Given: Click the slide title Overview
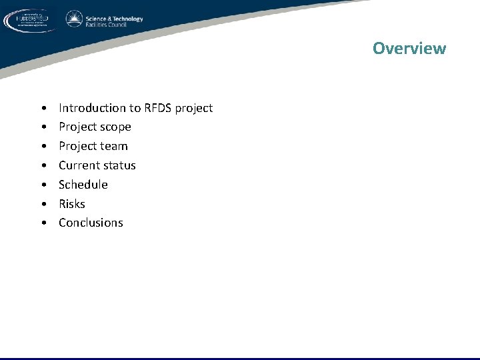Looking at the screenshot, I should click(x=409, y=48).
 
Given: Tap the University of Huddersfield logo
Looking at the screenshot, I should click(x=31, y=20).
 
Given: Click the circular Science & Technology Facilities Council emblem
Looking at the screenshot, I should click(x=74, y=19).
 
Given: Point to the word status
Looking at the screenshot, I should click(x=120, y=165).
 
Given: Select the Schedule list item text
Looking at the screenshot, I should click(x=83, y=185).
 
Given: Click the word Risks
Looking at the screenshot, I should click(x=72, y=204).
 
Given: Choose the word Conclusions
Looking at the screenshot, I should click(x=91, y=223).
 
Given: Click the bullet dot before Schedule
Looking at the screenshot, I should click(x=43, y=185).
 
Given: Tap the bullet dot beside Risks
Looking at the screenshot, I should click(x=43, y=204).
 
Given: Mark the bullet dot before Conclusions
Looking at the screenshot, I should click(x=43, y=223).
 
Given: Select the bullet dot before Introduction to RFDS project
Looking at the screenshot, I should click(x=43, y=108).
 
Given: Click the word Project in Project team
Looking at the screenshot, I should click(x=77, y=146).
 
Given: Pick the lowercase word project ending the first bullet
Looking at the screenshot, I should click(x=194, y=108).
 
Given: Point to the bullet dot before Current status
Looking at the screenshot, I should click(x=43, y=165).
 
